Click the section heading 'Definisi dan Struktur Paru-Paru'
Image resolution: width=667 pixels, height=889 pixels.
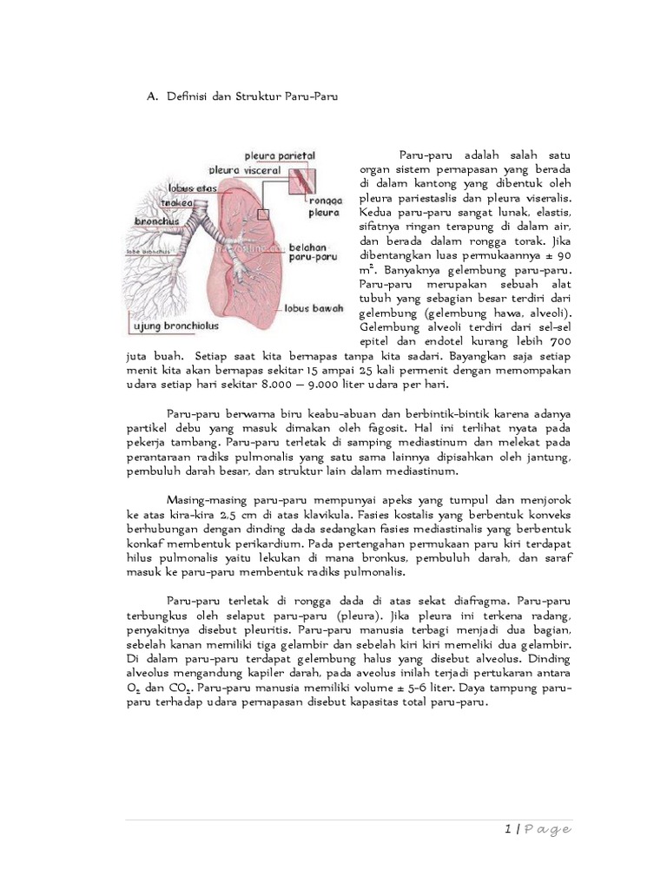pos(246,98)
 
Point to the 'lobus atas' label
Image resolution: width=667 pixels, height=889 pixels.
pos(191,188)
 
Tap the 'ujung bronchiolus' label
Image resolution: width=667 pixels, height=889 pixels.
pos(177,327)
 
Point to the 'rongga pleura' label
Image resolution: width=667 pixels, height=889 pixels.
pos(323,205)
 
